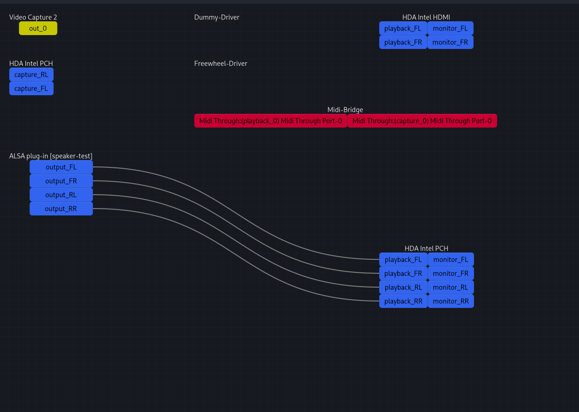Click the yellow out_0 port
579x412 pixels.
click(x=38, y=28)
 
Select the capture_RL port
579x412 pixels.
click(x=31, y=74)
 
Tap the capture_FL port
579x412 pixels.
click(x=31, y=88)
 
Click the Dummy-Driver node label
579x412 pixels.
click(x=216, y=17)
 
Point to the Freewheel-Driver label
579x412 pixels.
click(x=221, y=63)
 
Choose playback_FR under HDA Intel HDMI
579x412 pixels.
click(x=403, y=42)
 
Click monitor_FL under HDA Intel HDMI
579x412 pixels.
click(x=450, y=28)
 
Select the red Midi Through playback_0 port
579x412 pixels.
click(x=271, y=121)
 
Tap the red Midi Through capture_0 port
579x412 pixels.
click(x=422, y=121)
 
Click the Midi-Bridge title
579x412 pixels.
click(x=345, y=110)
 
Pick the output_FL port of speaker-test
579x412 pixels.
click(x=61, y=167)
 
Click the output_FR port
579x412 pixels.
click(x=61, y=181)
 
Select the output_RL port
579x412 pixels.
click(x=61, y=195)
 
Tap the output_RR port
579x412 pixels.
click(x=61, y=209)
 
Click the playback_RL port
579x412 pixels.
click(x=403, y=287)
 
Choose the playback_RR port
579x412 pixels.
click(x=403, y=301)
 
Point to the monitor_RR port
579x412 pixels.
click(x=450, y=301)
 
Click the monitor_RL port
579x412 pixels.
click(x=450, y=287)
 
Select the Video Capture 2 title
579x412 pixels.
click(x=33, y=17)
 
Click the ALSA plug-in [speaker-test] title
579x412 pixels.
click(x=51, y=156)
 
